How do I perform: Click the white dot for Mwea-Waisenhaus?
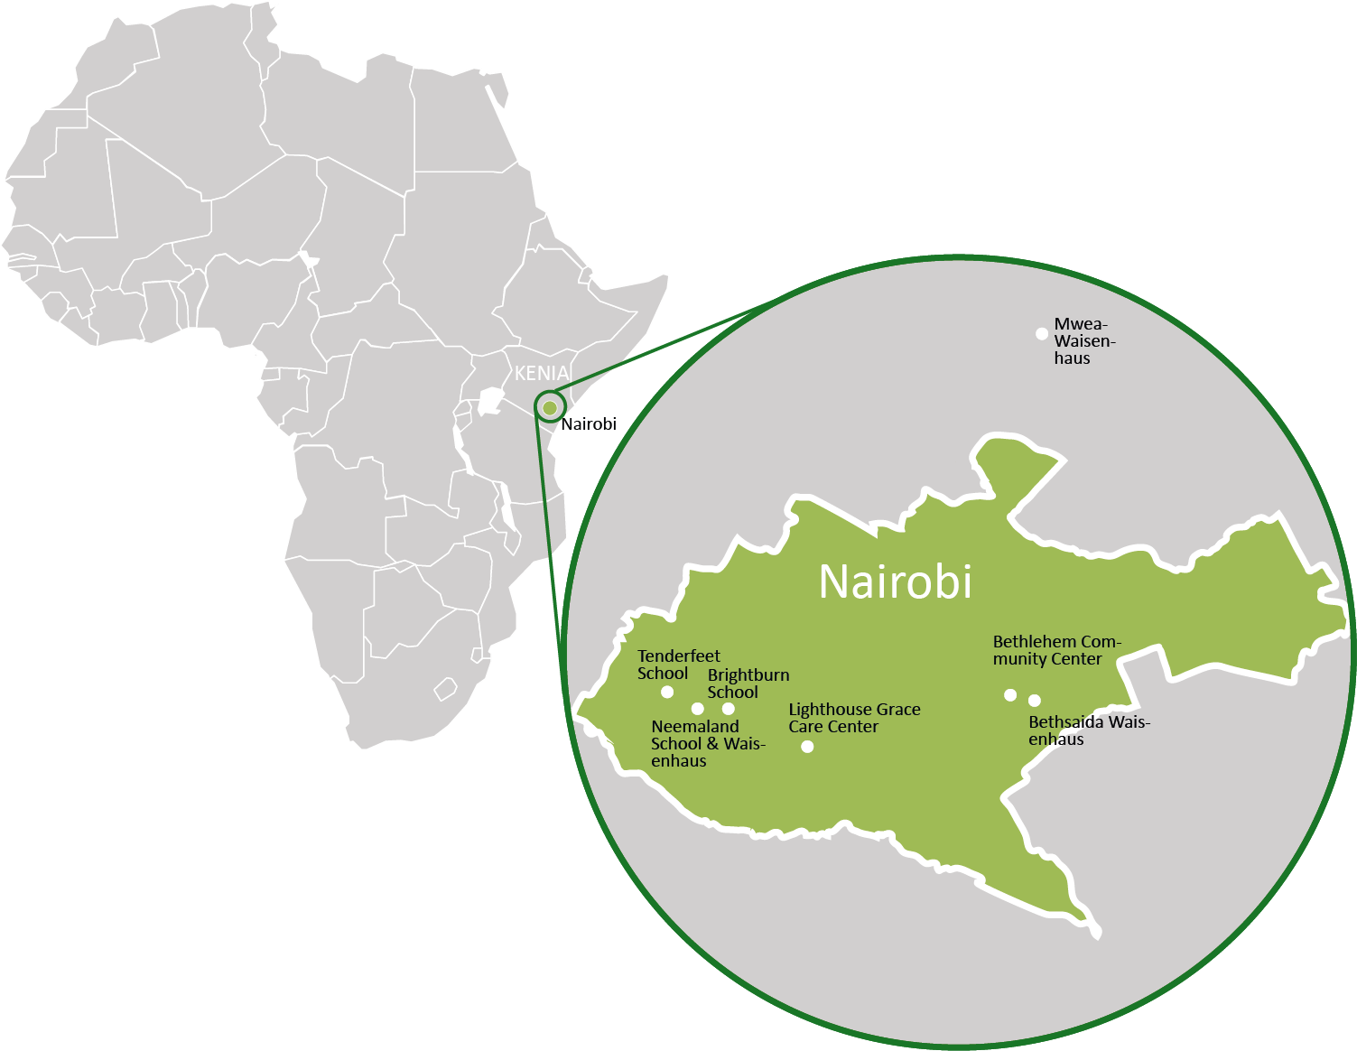[x=1042, y=334]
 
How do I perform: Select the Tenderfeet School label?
[x=678, y=665]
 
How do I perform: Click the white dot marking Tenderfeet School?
[x=667, y=693]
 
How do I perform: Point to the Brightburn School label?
[x=748, y=684]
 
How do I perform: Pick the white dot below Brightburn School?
[x=729, y=709]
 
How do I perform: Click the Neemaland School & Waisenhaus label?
[x=707, y=743]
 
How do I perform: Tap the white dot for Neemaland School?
[x=697, y=709]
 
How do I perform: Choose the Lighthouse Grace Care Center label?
[x=854, y=718]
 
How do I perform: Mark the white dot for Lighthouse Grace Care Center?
[x=807, y=747]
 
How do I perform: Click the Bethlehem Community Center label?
[x=1055, y=650]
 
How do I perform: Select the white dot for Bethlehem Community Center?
[x=1010, y=695]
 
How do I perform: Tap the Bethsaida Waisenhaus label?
[x=1088, y=730]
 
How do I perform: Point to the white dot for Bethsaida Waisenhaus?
[x=1035, y=701]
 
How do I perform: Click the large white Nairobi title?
[x=895, y=581]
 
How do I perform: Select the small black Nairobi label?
[x=588, y=424]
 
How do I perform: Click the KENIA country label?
[x=542, y=373]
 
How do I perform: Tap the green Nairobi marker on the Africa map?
[x=550, y=408]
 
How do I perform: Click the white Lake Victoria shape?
[x=490, y=401]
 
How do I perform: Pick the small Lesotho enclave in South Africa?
[x=445, y=691]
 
